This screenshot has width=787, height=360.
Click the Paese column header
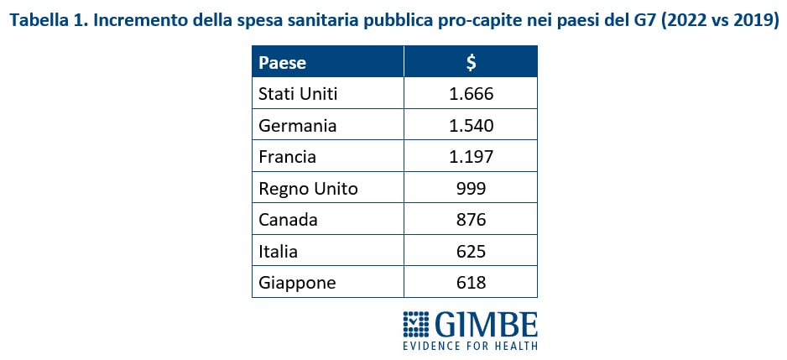[282, 62]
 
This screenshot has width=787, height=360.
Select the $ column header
[471, 62]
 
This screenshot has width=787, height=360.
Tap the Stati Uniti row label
[298, 94]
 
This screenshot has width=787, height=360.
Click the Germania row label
[298, 126]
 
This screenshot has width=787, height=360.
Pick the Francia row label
[289, 157]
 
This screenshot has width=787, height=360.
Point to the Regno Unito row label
[308, 189]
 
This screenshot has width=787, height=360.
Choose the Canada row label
[288, 220]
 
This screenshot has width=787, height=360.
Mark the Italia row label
[279, 251]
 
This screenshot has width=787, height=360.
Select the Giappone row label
[297, 283]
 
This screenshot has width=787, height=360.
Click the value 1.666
[471, 94]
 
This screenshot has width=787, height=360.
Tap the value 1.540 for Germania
[471, 126]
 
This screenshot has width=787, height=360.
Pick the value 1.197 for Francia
[471, 157]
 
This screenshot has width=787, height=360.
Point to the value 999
[471, 189]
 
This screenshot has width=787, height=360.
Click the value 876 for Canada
[471, 220]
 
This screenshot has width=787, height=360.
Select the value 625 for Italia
[471, 251]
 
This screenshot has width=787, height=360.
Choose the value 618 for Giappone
[471, 283]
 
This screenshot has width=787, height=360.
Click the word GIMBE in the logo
[487, 324]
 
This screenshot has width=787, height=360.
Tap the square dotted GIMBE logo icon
[416, 325]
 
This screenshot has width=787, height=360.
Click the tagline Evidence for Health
[470, 345]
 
